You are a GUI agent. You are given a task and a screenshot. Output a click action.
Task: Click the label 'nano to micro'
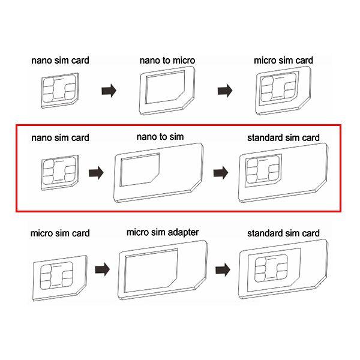pyautogui.click(x=167, y=61)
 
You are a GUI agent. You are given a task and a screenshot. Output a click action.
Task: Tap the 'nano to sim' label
pyautogui.click(x=160, y=137)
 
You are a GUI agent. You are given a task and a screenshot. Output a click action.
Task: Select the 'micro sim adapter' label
pyautogui.click(x=163, y=232)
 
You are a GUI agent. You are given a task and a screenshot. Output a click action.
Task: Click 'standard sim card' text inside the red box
pyautogui.click(x=283, y=138)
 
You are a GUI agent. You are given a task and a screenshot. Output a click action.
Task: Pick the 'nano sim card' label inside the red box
pyautogui.click(x=60, y=138)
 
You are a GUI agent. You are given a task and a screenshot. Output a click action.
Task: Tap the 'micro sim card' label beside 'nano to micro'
pyautogui.click(x=283, y=61)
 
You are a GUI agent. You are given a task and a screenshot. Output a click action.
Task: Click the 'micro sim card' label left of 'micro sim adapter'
pyautogui.click(x=60, y=233)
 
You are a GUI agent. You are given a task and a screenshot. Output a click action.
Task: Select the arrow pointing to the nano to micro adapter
pyautogui.click(x=109, y=91)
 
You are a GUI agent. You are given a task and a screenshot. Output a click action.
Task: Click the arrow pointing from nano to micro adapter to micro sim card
pyautogui.click(x=225, y=91)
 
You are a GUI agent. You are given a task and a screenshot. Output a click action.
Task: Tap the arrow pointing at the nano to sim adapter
pyautogui.click(x=96, y=173)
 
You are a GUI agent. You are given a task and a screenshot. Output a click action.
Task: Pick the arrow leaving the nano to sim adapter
pyautogui.click(x=221, y=173)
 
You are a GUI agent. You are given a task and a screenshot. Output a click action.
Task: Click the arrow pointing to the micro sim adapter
pyautogui.click(x=103, y=269)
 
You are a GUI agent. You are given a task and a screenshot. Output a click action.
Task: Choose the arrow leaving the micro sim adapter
pyautogui.click(x=223, y=269)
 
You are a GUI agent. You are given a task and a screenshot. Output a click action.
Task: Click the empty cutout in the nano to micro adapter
pyautogui.click(x=164, y=88)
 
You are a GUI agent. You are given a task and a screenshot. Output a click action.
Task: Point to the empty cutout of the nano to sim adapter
pyautogui.click(x=139, y=169)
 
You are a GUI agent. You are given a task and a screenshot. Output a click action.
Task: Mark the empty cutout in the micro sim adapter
pyautogui.click(x=151, y=271)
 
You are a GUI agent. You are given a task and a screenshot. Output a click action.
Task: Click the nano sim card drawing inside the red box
pyautogui.click(x=60, y=173)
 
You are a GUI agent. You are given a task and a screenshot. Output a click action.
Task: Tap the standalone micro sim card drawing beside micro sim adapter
pyautogui.click(x=60, y=278)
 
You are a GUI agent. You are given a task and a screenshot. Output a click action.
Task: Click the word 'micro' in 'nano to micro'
pyautogui.click(x=184, y=61)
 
